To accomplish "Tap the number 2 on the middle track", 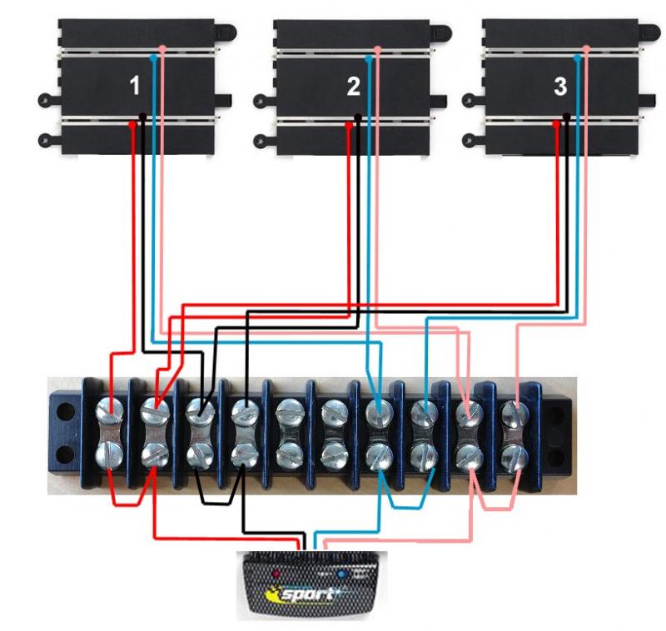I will (x=353, y=86).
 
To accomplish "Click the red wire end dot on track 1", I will (x=132, y=124).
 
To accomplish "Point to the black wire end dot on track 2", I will (x=358, y=117).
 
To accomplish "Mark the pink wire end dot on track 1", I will (x=162, y=50).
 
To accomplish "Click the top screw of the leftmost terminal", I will (x=110, y=410).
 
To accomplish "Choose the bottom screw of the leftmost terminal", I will (x=110, y=455).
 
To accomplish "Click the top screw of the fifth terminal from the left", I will (x=289, y=410).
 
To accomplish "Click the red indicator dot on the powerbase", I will (x=278, y=574).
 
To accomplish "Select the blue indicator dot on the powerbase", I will (x=341, y=574).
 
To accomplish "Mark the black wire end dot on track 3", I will (x=567, y=117).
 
